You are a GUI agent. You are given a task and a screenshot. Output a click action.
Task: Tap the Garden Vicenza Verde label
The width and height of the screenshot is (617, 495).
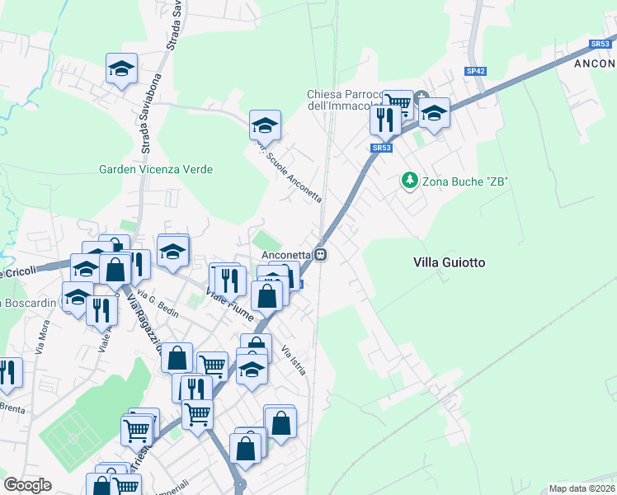pos(156,170)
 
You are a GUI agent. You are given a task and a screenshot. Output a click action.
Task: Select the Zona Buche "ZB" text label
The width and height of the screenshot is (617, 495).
pos(465,180)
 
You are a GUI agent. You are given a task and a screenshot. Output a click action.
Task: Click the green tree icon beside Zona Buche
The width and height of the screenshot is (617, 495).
pos(407,179)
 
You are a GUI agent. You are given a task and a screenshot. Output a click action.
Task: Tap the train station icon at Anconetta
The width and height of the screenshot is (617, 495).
pos(321,256)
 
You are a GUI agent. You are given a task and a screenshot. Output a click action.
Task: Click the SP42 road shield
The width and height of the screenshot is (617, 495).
pos(475,72)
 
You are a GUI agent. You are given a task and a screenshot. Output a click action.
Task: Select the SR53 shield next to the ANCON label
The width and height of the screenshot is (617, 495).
pos(600,45)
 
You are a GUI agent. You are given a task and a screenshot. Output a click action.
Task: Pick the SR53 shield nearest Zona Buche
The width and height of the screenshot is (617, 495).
pos(380,148)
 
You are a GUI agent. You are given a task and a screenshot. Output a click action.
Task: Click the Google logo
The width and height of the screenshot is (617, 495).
pos(27,484)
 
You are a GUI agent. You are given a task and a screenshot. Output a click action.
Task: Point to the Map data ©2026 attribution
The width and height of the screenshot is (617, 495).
pos(582,488)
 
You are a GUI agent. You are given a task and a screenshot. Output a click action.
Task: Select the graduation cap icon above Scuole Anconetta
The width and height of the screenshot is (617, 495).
pos(265,126)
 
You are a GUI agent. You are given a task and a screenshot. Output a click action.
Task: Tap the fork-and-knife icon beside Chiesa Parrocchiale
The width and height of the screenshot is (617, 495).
pos(385,120)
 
